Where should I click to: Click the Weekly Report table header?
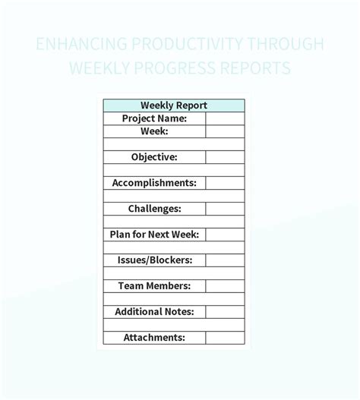pyautogui.click(x=174, y=106)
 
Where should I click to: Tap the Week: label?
pyautogui.click(x=154, y=131)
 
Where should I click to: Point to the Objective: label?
pyautogui.click(x=154, y=157)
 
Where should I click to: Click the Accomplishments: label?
pyautogui.click(x=154, y=183)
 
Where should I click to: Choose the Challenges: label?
pyautogui.click(x=154, y=209)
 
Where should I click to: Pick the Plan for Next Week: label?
pyautogui.click(x=154, y=235)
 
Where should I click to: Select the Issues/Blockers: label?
pyautogui.click(x=154, y=260)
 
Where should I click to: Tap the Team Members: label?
pyautogui.click(x=154, y=286)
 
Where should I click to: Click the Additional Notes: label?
pyautogui.click(x=154, y=312)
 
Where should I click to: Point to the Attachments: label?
pyautogui.click(x=154, y=338)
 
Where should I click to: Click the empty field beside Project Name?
pyautogui.click(x=225, y=118)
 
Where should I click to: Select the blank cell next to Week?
pyautogui.click(x=225, y=131)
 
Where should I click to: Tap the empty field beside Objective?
pyautogui.click(x=225, y=157)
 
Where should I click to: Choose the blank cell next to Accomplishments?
pyautogui.click(x=225, y=183)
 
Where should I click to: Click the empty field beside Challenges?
pyautogui.click(x=225, y=209)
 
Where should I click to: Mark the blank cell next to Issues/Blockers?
pyautogui.click(x=225, y=260)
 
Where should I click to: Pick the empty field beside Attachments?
pyautogui.click(x=225, y=338)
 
